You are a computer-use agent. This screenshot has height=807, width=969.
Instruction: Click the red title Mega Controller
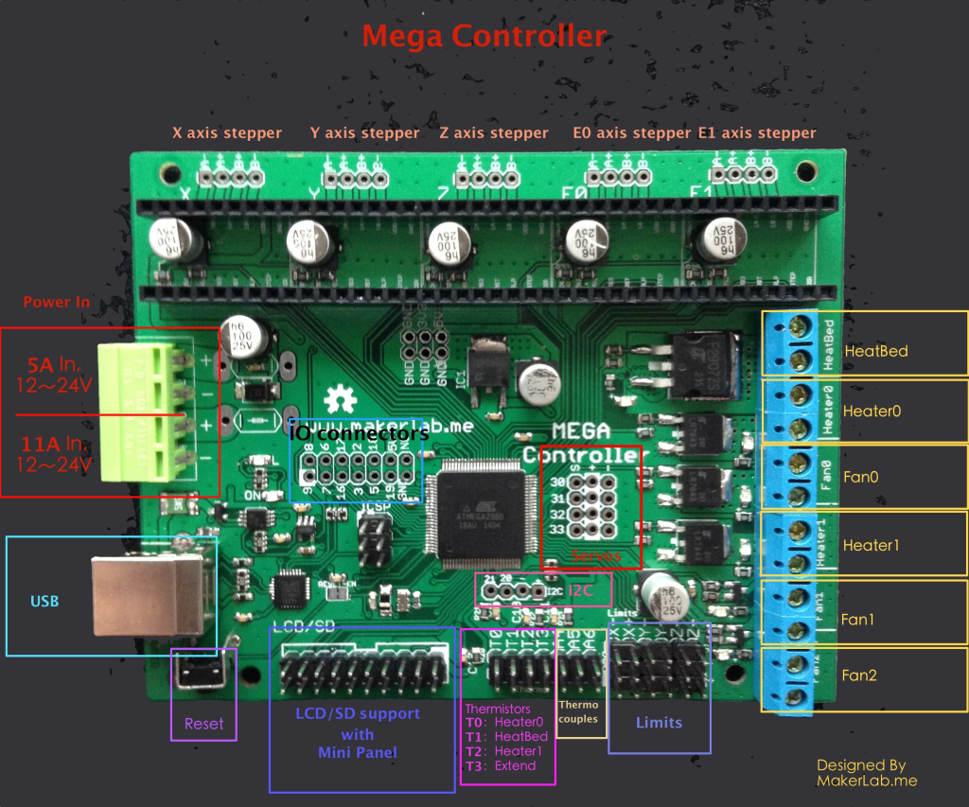tap(484, 36)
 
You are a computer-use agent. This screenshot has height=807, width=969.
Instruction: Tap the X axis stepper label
tap(226, 133)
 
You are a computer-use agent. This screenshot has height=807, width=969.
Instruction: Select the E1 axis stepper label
tap(756, 133)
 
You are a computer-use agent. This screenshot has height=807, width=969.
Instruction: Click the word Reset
tap(203, 724)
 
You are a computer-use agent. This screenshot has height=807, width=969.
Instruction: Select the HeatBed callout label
tap(875, 351)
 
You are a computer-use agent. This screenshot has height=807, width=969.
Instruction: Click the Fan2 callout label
tap(860, 675)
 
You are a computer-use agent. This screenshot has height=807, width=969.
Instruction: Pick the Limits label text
tap(659, 722)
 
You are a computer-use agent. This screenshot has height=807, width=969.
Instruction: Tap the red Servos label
tap(595, 556)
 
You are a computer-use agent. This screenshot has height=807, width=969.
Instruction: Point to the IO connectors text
tap(359, 433)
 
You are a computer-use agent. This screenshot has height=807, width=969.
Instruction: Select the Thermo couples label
tap(578, 711)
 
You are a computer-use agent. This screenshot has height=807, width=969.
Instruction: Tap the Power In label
tap(57, 302)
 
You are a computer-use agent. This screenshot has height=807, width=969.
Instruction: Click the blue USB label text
tap(45, 601)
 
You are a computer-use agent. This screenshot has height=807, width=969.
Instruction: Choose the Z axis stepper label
tap(494, 133)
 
